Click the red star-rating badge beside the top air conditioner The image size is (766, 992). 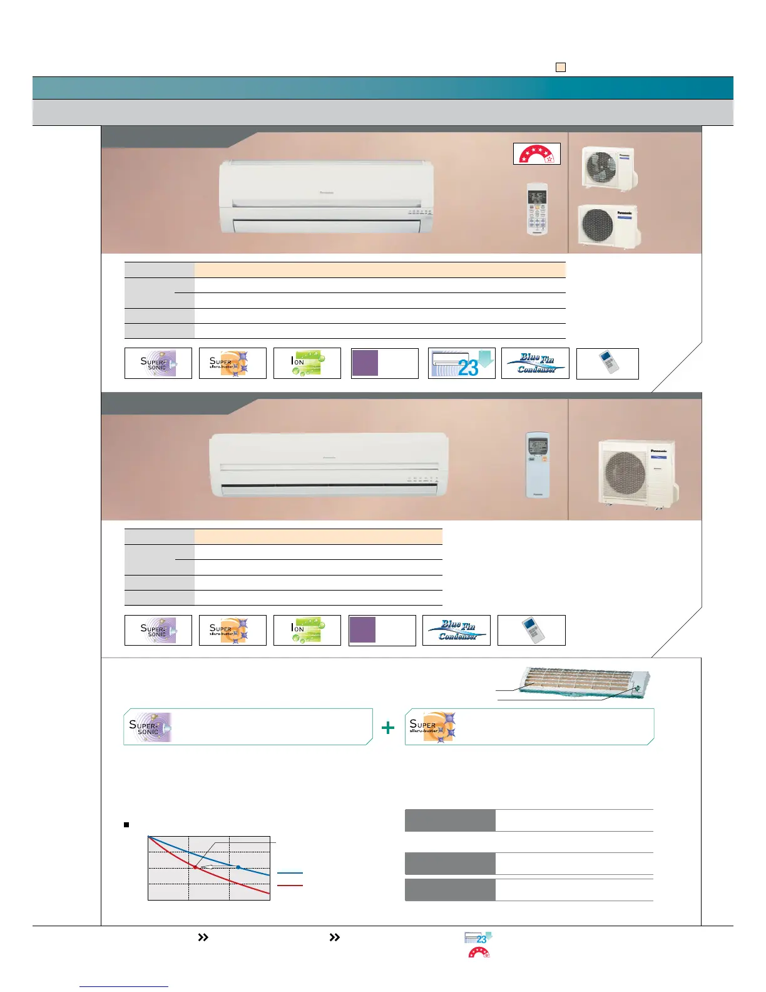(x=536, y=153)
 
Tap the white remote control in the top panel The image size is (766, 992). (x=537, y=209)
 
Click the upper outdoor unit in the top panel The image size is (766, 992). (x=609, y=167)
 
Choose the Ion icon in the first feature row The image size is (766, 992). (x=307, y=363)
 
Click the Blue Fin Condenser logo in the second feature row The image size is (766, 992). (x=457, y=630)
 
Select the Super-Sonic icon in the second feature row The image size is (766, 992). (x=158, y=630)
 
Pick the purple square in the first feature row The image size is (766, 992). (x=365, y=363)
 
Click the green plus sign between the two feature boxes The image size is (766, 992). (x=388, y=727)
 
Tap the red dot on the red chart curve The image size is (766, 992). (x=195, y=867)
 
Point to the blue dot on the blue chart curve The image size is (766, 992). (x=238, y=867)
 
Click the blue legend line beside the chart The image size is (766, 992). (x=290, y=872)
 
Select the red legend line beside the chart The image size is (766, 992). (x=290, y=886)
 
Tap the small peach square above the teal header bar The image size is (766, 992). (x=561, y=67)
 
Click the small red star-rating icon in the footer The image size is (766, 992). (x=479, y=953)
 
